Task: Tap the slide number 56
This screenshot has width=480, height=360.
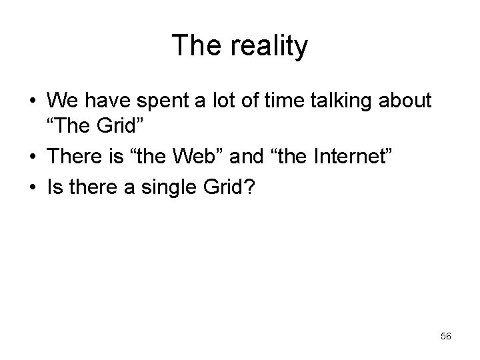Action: tap(445, 337)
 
